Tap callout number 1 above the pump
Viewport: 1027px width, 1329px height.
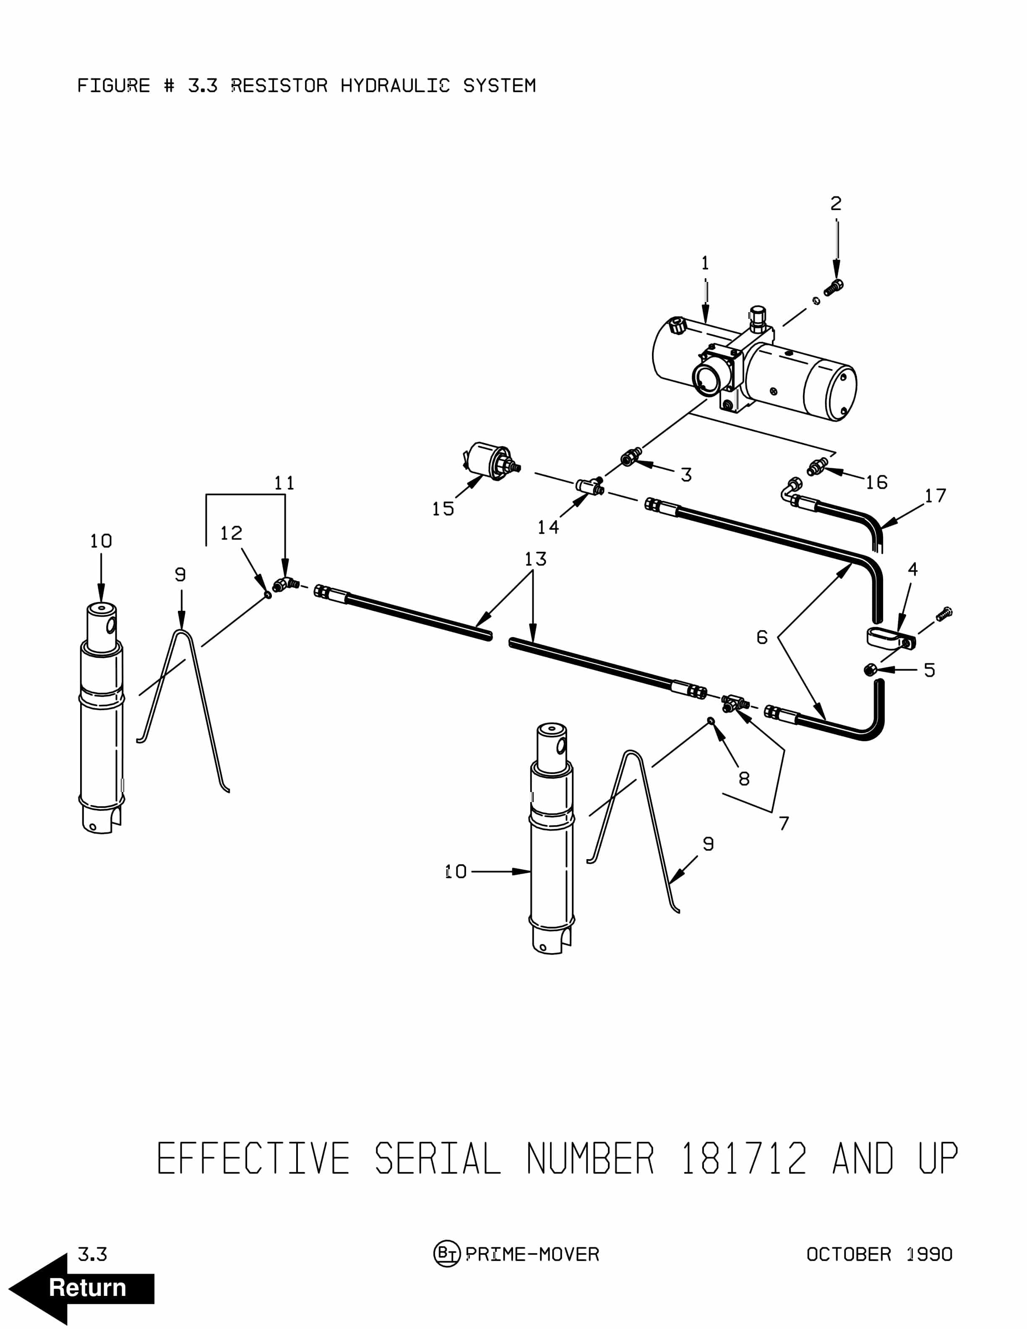705,263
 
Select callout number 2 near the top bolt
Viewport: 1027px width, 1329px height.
836,203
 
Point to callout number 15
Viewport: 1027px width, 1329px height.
443,509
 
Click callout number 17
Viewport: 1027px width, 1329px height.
935,496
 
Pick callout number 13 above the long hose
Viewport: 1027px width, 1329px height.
535,559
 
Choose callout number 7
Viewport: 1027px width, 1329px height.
784,823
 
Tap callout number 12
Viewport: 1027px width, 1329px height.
231,533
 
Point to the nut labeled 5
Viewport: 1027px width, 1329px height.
871,670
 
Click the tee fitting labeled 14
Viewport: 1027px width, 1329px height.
589,486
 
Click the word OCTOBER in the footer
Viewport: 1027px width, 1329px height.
849,1254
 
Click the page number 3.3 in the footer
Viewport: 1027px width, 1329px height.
92,1254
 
